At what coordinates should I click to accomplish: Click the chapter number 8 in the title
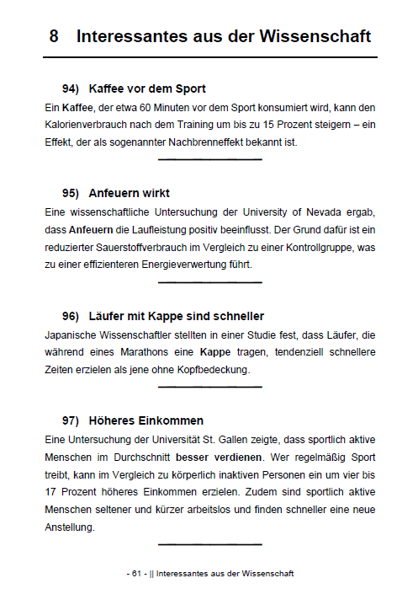pos(54,37)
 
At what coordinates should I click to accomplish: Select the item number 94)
pos(71,88)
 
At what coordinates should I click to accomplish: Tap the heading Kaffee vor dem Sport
pos(147,88)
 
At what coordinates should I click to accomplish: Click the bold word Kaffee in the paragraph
pos(77,108)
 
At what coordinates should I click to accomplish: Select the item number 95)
pos(71,193)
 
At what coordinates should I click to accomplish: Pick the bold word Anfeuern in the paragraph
pos(93,229)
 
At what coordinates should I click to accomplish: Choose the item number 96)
pos(71,316)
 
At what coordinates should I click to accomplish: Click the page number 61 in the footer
pos(135,574)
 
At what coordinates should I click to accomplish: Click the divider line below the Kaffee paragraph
pos(209,159)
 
